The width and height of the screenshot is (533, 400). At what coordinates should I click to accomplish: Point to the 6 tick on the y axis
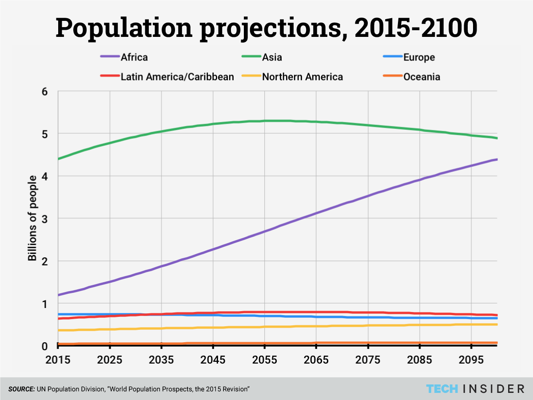51,91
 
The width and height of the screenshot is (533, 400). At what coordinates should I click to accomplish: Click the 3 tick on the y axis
51,219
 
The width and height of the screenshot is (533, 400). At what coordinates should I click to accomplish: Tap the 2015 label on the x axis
58,360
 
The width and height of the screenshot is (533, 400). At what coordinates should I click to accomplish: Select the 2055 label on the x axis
264,360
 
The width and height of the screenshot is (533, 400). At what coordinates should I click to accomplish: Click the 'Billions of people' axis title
32,218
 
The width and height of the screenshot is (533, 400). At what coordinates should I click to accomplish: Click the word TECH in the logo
442,389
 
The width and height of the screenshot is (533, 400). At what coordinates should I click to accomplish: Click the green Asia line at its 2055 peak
264,121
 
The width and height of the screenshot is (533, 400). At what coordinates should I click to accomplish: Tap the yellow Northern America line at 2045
213,328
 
